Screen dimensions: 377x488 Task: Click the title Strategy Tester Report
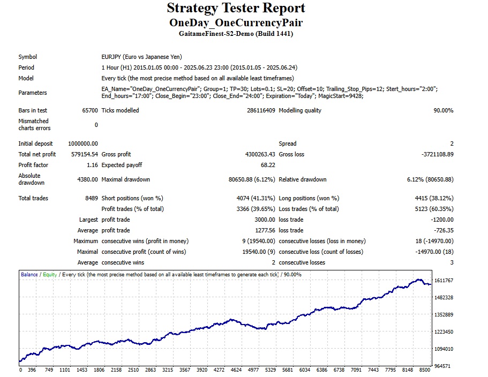coord(236,9)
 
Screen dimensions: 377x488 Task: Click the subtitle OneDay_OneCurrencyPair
coord(236,22)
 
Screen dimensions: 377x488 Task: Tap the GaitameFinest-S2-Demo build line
coord(236,33)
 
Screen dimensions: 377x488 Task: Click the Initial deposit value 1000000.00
coord(83,144)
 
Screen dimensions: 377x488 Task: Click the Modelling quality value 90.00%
coord(441,110)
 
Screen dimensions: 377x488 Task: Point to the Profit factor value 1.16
coord(92,165)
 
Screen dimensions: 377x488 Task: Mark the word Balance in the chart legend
coord(29,275)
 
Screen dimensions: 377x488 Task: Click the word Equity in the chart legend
coord(50,275)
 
